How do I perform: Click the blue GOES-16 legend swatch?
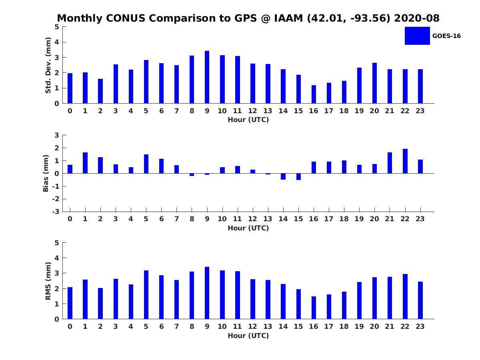[x=417, y=36]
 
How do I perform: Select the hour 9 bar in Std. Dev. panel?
[x=207, y=77]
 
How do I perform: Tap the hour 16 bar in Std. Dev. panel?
[x=314, y=94]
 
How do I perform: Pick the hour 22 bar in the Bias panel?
[x=405, y=161]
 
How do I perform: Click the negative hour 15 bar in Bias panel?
[x=298, y=176]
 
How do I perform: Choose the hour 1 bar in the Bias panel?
[x=85, y=163]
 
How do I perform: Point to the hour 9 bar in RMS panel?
[x=207, y=293]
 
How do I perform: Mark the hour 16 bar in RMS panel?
[x=314, y=308]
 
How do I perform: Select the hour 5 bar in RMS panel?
[x=146, y=295]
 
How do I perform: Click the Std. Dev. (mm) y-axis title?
[x=48, y=65]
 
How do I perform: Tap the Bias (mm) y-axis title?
[x=46, y=173]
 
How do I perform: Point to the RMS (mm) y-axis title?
[x=48, y=281]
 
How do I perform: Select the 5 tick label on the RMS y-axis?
[x=57, y=243]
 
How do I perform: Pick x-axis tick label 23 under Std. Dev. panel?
[x=420, y=111]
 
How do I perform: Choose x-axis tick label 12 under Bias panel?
[x=252, y=219]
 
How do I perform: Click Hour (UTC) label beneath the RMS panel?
[x=248, y=336]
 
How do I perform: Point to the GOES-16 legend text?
[x=446, y=36]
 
